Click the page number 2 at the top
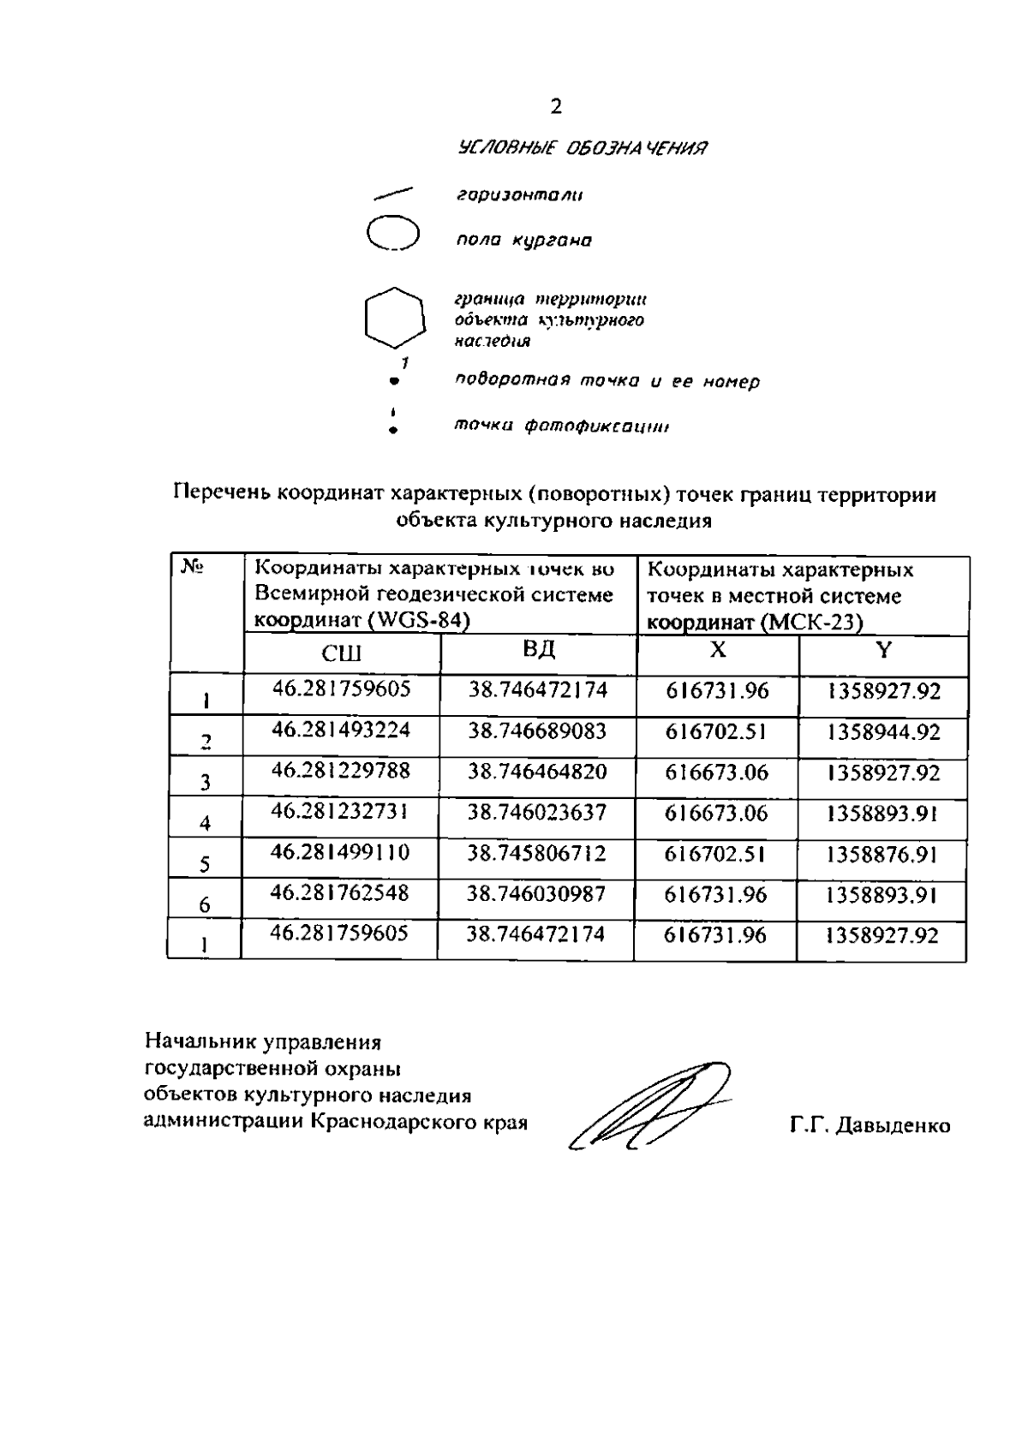556,107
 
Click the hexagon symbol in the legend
394,317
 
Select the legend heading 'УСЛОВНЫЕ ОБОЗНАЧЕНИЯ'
583,148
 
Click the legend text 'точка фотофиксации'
561,426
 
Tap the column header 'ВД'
538,650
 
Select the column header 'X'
718,651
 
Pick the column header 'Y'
883,651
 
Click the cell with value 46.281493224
341,730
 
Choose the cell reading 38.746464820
537,772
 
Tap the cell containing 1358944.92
883,732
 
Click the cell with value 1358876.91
883,855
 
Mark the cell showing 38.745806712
537,854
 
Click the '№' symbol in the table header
190,566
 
